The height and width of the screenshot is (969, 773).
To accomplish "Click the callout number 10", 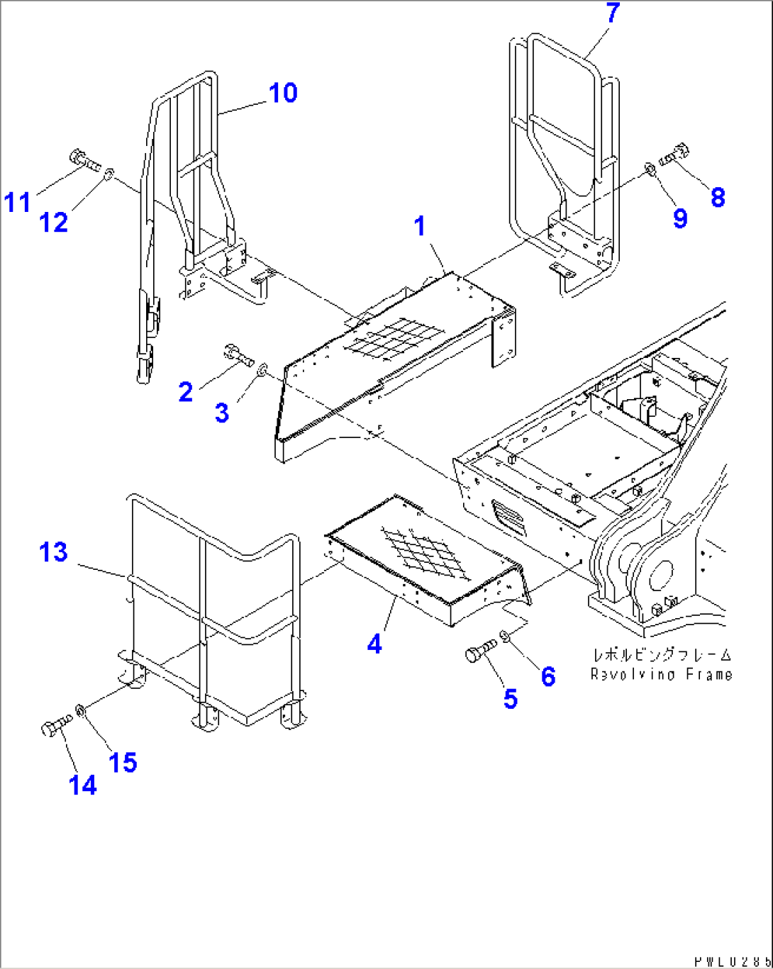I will click(283, 93).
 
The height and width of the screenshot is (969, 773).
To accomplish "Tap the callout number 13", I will click(53, 551).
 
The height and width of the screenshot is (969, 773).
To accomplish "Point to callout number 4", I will click(374, 644).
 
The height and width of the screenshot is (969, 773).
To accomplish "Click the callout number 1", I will click(420, 226).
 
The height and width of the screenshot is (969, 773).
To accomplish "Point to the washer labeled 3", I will click(262, 369).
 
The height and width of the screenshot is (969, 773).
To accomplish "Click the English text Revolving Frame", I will click(661, 674).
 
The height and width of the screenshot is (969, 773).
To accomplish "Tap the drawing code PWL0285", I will click(731, 961).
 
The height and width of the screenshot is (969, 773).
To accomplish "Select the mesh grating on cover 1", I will click(394, 337).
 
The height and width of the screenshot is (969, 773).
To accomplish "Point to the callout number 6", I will click(548, 676).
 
